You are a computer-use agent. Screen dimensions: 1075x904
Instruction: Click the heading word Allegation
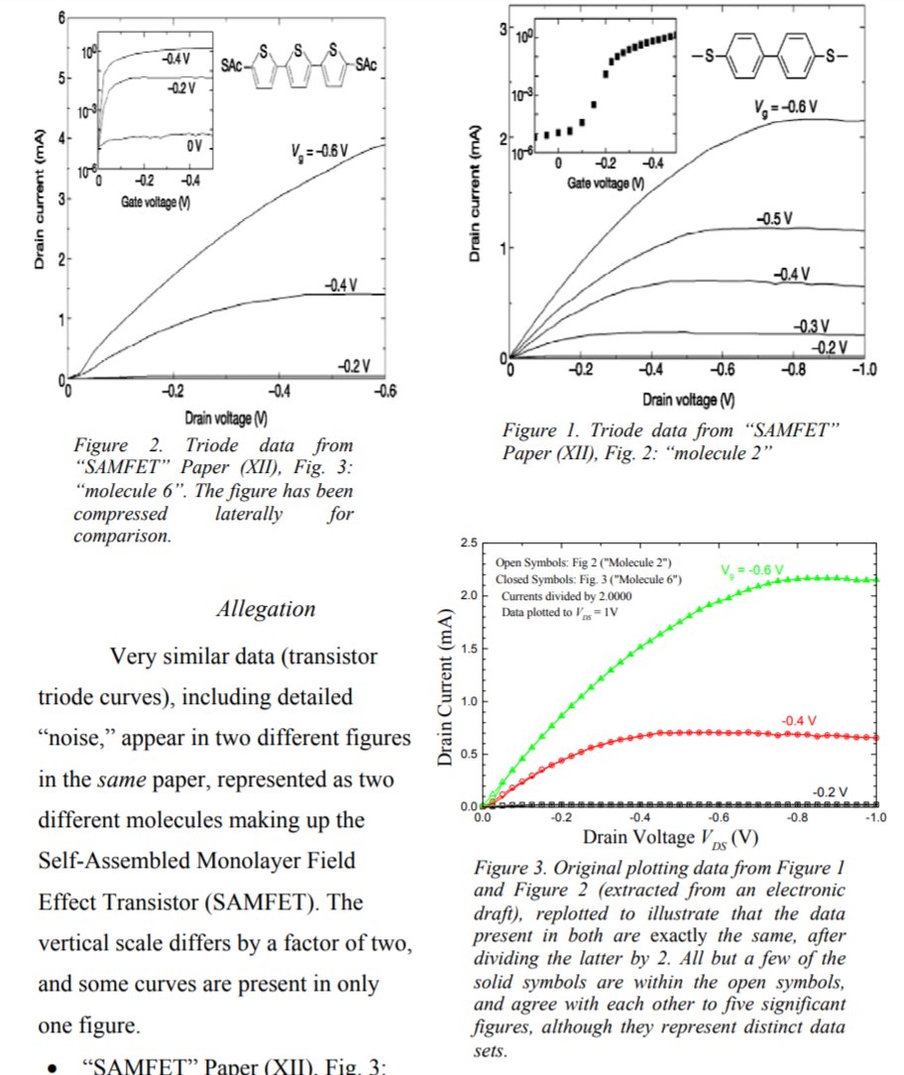266,609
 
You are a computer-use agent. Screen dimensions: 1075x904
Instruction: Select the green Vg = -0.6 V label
751,570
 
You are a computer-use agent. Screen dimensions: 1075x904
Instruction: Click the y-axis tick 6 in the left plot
60,19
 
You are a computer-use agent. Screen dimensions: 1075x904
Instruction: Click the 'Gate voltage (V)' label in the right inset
605,183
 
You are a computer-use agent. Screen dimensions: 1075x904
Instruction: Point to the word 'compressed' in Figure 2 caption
121,514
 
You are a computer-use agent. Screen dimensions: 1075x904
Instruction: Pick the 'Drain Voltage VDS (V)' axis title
671,837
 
